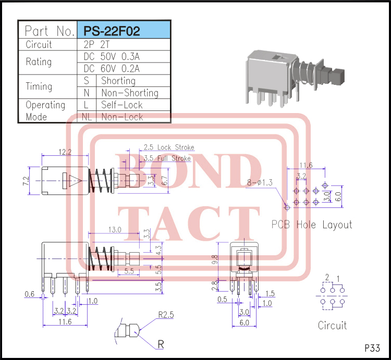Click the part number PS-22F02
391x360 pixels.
116,31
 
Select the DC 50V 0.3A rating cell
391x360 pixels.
112,57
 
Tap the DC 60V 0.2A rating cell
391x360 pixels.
112,68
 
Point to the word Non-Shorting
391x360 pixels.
129,93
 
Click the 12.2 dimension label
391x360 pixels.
65,152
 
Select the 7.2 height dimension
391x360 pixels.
25,181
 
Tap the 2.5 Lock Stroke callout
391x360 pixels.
168,147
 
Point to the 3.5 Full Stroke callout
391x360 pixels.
167,158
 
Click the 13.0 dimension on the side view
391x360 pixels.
115,229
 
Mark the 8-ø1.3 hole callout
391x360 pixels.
261,182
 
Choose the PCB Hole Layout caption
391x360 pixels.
312,225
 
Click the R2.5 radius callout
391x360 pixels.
166,315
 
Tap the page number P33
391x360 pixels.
372,348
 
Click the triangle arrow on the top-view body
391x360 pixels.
72,181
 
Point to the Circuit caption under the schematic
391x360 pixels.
332,326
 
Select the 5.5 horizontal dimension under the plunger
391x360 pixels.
128,271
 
